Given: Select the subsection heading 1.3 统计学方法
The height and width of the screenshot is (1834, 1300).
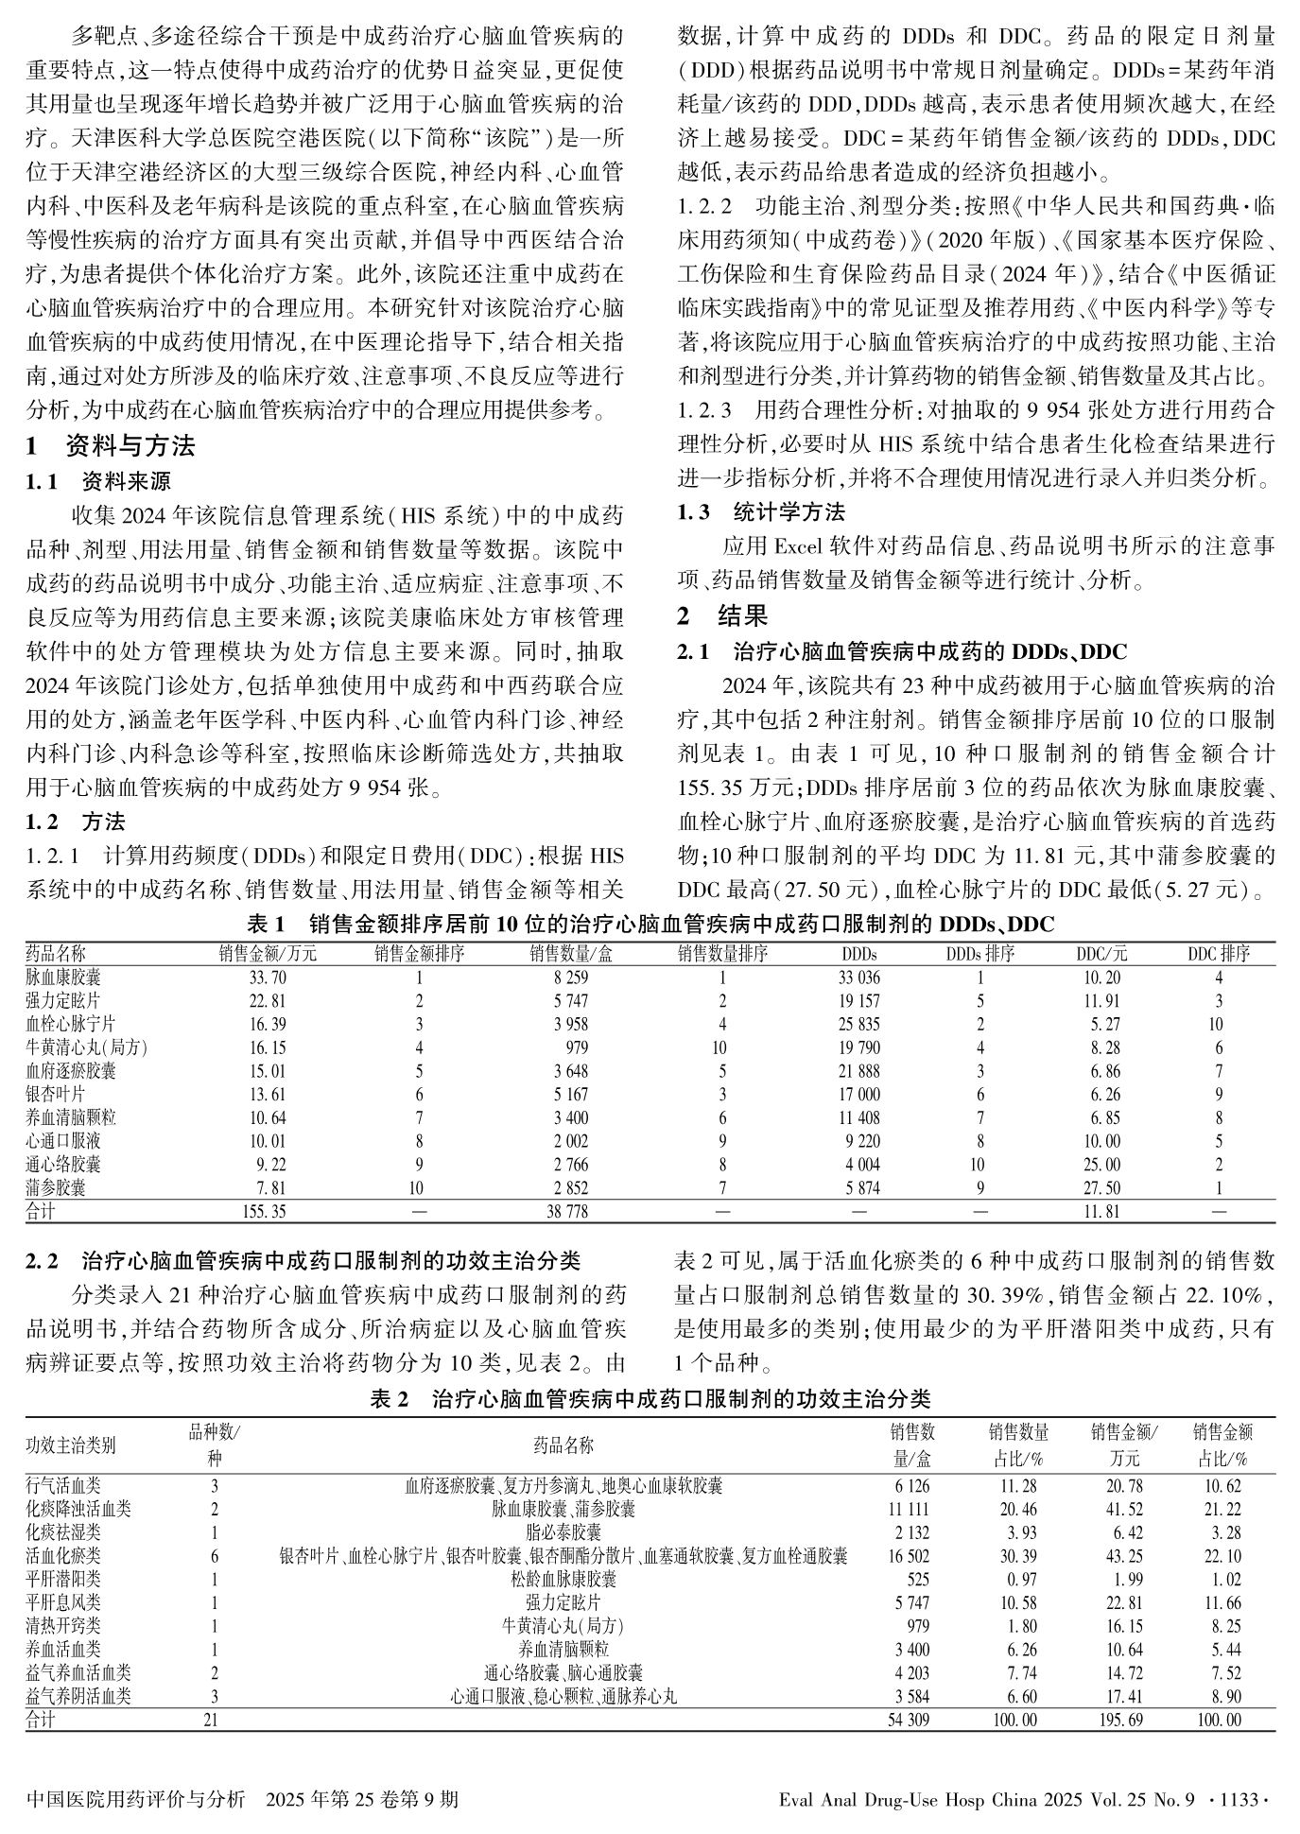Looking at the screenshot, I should pyautogui.click(x=761, y=512).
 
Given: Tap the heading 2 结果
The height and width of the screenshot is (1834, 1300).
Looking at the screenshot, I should pyautogui.click(x=723, y=615).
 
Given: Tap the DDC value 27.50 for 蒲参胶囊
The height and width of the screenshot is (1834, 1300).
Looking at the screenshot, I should pyautogui.click(x=1101, y=1188).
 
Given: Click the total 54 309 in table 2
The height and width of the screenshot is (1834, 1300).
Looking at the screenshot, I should pyautogui.click(x=910, y=1721).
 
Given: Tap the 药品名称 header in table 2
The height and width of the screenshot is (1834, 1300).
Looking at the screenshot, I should pyautogui.click(x=563, y=1445).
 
